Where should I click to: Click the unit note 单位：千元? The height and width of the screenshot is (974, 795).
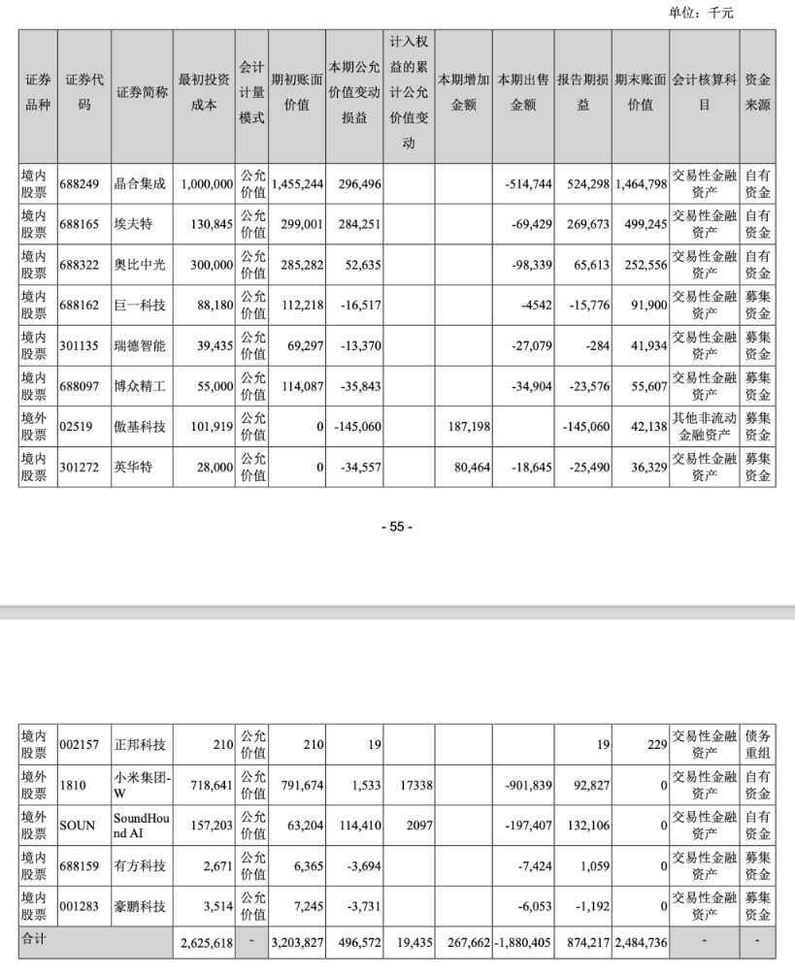point(702,13)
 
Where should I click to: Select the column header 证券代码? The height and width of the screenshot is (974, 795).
point(84,93)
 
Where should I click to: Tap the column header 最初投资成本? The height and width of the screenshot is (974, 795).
point(204,93)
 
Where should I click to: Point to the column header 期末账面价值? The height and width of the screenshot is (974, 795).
point(640,93)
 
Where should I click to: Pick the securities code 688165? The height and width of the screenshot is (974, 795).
point(83,224)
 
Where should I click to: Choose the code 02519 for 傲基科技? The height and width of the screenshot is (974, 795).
point(80,427)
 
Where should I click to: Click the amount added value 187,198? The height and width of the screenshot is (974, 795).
point(463,427)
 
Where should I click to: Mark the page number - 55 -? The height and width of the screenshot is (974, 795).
point(397,527)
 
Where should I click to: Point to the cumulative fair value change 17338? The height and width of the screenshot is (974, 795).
point(408,786)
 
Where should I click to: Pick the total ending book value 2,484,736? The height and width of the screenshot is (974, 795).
point(640,940)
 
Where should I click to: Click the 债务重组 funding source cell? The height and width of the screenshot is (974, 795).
point(757,745)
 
